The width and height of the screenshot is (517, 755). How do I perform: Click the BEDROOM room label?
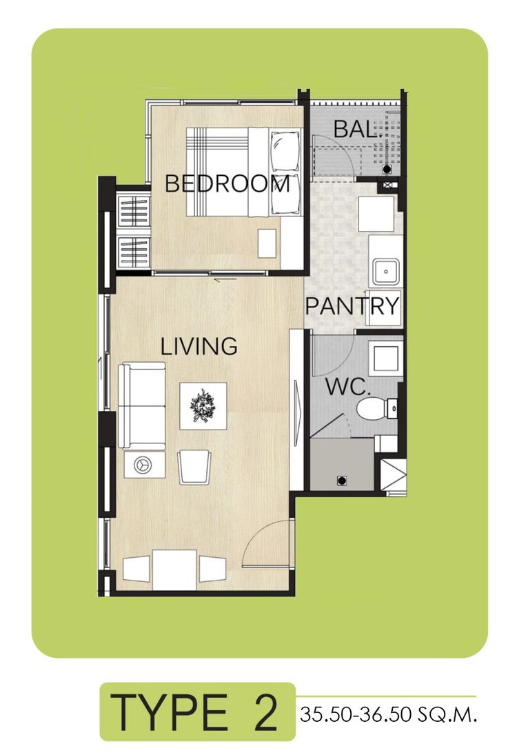227,183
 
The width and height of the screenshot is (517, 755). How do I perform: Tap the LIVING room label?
199,346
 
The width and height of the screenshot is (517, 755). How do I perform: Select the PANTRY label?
352,305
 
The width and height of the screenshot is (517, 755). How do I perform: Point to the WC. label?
347,387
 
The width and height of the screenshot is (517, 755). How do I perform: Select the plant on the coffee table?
203,405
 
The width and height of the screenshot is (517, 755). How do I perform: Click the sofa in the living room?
142,405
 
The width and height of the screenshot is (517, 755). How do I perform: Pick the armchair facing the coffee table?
194,467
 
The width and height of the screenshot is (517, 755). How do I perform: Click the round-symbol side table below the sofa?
144,465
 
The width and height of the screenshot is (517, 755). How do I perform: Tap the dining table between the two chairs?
174,570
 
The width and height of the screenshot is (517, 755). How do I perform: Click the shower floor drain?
342,480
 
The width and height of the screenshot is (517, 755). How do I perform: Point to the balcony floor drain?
387,170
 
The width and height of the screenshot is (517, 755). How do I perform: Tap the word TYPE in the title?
168,712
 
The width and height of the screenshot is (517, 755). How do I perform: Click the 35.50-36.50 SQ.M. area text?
388,714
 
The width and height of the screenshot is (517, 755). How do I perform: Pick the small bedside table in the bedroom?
267,243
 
